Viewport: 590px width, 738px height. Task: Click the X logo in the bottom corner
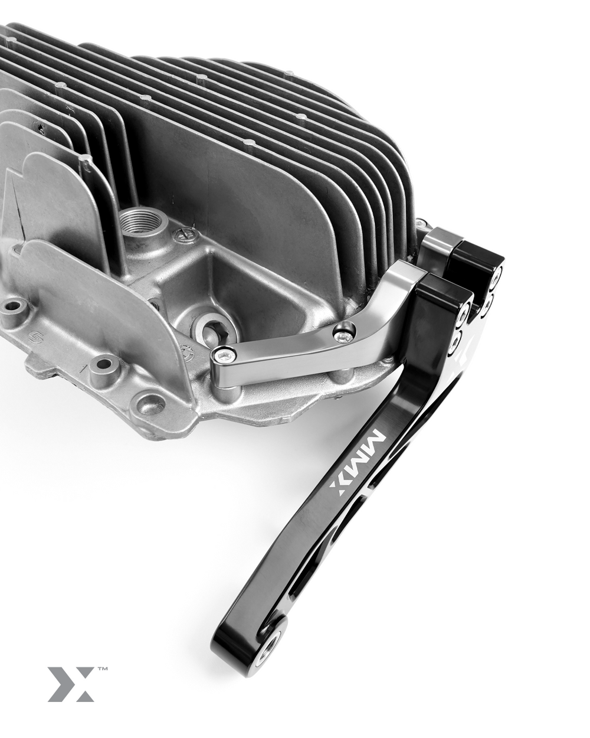[x=71, y=684]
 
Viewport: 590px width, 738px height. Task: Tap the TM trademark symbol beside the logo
[x=101, y=670]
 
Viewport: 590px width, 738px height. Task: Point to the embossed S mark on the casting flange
[x=37, y=339]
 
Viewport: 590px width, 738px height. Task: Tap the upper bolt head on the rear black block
[x=499, y=276]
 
